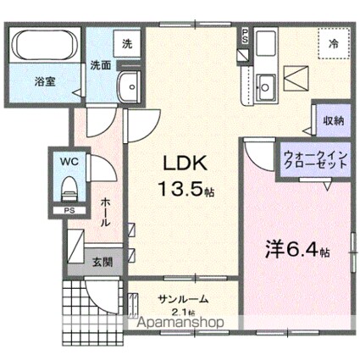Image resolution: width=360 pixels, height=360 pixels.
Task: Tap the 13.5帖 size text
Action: [183, 191]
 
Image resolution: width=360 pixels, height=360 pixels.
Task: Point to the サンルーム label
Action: [183, 300]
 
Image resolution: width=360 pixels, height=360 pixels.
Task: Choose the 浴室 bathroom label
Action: [45, 83]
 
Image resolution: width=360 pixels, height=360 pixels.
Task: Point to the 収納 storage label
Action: [333, 120]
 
